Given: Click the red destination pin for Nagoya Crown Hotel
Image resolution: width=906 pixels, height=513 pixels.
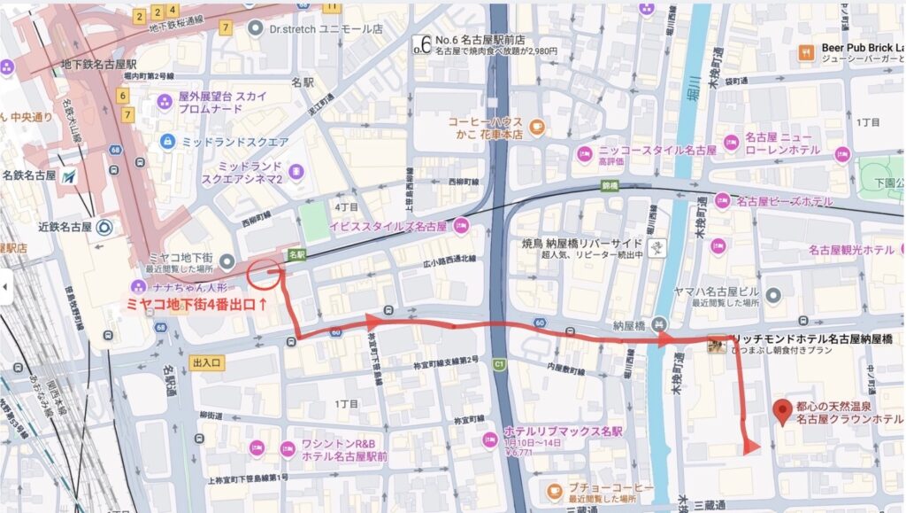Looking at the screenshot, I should pyautogui.click(x=782, y=411).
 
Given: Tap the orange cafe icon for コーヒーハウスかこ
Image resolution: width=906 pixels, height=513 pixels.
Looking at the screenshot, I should pyautogui.click(x=537, y=128).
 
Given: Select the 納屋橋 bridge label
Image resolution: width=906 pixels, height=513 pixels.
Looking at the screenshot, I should pyautogui.click(x=631, y=324).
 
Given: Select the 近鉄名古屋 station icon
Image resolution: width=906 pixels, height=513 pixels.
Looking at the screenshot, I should pyautogui.click(x=105, y=226).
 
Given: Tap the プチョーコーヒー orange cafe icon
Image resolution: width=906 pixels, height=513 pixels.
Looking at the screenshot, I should pyautogui.click(x=555, y=488).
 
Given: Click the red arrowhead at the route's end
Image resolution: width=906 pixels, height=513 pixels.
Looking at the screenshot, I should pyautogui.click(x=751, y=446).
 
